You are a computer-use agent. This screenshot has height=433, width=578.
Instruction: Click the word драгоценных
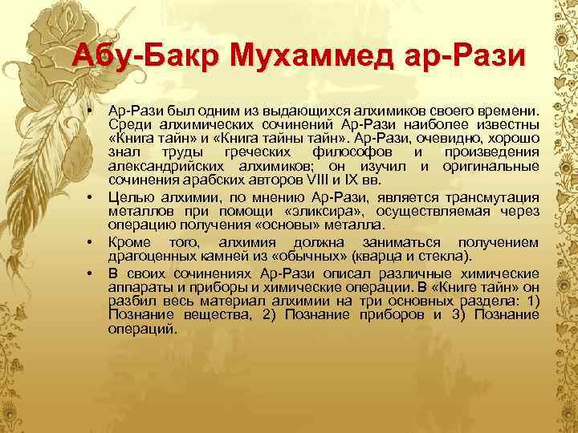pyautogui.click(x=148, y=256)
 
